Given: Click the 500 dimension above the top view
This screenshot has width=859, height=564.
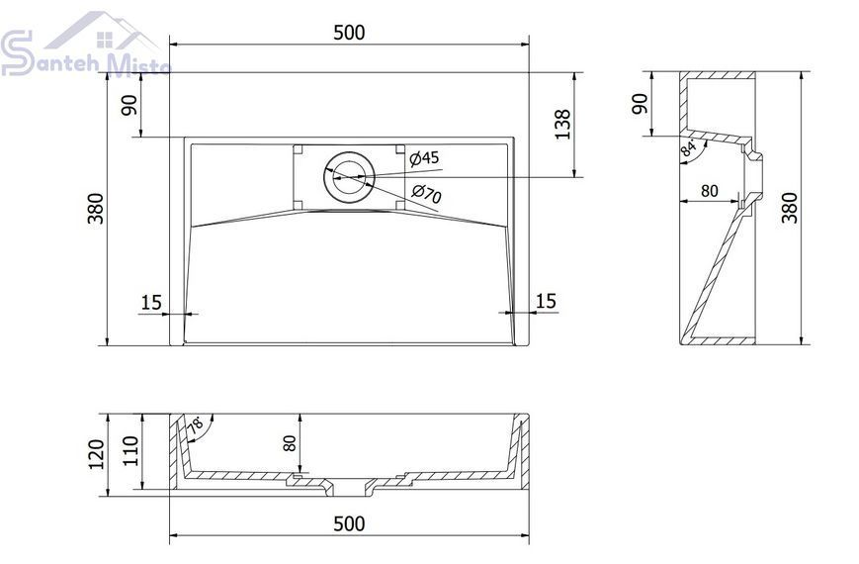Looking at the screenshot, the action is (349, 33).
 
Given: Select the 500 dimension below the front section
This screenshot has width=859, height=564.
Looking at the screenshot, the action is (349, 524).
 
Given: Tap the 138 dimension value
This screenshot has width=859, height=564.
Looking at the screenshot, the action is (562, 125).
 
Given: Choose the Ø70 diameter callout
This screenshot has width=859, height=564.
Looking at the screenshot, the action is (427, 194).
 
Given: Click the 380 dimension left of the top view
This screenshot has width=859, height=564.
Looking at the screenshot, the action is (96, 209).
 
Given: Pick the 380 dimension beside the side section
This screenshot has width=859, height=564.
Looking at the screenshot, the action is (790, 208).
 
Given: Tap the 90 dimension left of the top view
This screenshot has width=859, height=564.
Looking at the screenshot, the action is (129, 105).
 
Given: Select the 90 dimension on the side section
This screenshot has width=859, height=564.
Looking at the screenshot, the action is (640, 104).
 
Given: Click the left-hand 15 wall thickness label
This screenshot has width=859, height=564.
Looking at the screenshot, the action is (152, 303).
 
